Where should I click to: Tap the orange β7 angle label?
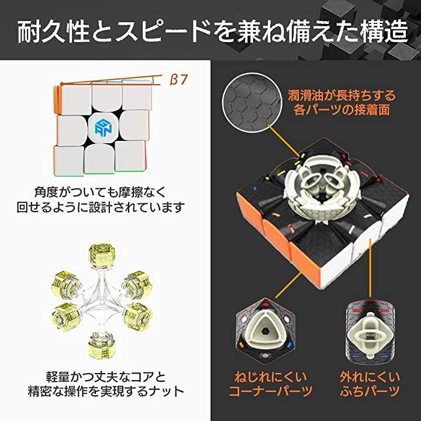pyautogui.click(x=178, y=80)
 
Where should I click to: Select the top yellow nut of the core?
pyautogui.click(x=102, y=256)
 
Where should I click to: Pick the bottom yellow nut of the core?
pyautogui.click(x=102, y=346)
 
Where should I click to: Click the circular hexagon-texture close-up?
pyautogui.click(x=251, y=103)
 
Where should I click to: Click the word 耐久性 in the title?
pyautogui.click(x=54, y=32)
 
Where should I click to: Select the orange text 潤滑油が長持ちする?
pyautogui.click(x=341, y=95)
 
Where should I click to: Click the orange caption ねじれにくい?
pyautogui.click(x=271, y=377)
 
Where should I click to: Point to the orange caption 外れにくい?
pyautogui.click(x=370, y=377)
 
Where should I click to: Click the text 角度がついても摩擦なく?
pyautogui.click(x=101, y=192)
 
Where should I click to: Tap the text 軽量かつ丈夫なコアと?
pyautogui.click(x=106, y=377)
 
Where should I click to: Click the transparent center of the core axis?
pyautogui.click(x=102, y=301)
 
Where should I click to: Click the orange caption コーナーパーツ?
pyautogui.click(x=271, y=391)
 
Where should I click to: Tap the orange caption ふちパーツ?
pyautogui.click(x=370, y=391)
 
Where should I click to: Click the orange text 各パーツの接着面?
pyautogui.click(x=341, y=109)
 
